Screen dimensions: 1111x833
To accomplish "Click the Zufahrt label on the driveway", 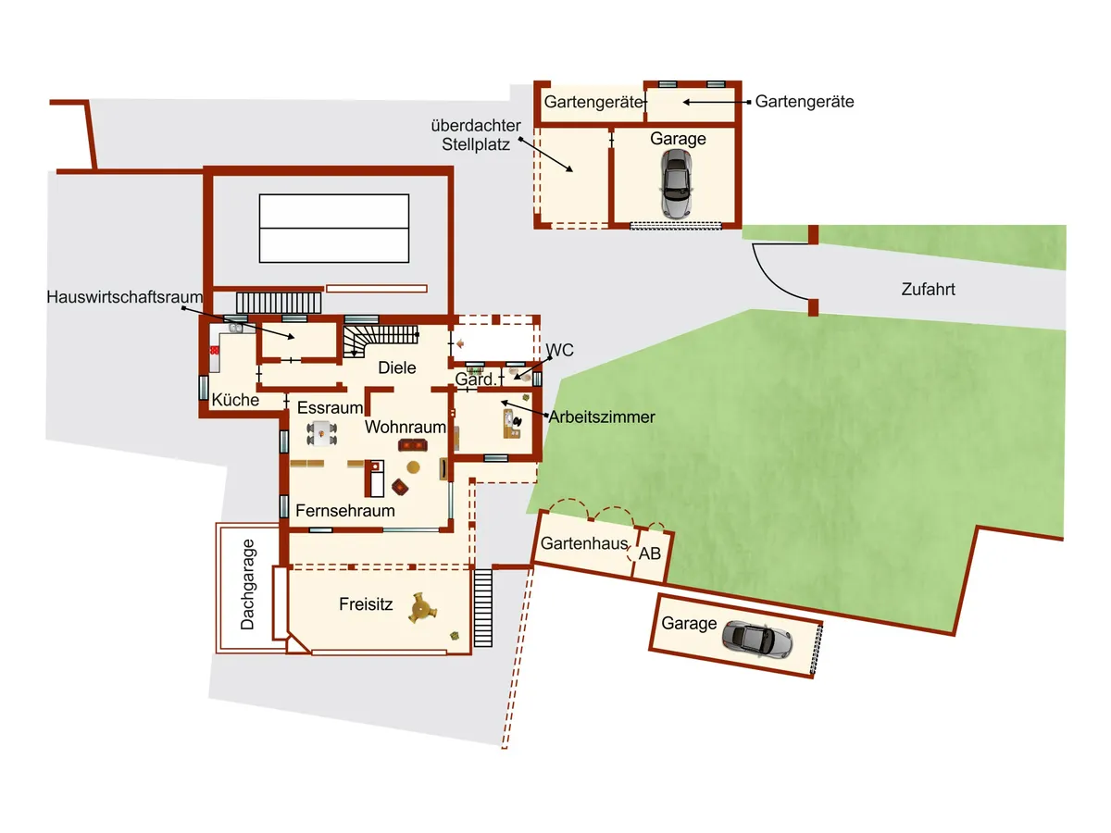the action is click(928, 290).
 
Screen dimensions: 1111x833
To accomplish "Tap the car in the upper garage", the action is click(676, 183).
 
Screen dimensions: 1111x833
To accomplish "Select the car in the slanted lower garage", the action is click(756, 640).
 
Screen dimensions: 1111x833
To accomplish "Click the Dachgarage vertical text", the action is click(247, 584).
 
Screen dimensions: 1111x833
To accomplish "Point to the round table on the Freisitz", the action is click(421, 607).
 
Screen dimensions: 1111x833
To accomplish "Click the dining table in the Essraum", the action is click(321, 433).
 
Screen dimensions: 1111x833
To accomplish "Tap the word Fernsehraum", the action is click(345, 510).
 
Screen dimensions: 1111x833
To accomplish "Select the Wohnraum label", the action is click(405, 427).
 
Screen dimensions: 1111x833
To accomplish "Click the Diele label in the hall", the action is click(397, 367).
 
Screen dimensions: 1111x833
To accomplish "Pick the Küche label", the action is click(235, 400).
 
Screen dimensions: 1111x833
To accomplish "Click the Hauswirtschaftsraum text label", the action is click(124, 297).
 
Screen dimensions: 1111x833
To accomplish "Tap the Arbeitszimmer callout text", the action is click(602, 417).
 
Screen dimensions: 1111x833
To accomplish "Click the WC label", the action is click(560, 350).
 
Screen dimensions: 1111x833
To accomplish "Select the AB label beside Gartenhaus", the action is click(649, 553).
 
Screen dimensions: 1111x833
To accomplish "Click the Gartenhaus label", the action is click(584, 543).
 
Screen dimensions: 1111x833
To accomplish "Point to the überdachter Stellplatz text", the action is click(476, 135).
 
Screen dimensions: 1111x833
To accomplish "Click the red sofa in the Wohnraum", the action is click(413, 445).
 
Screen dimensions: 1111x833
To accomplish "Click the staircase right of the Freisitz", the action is click(483, 608).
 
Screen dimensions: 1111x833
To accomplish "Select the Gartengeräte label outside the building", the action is click(805, 102).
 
